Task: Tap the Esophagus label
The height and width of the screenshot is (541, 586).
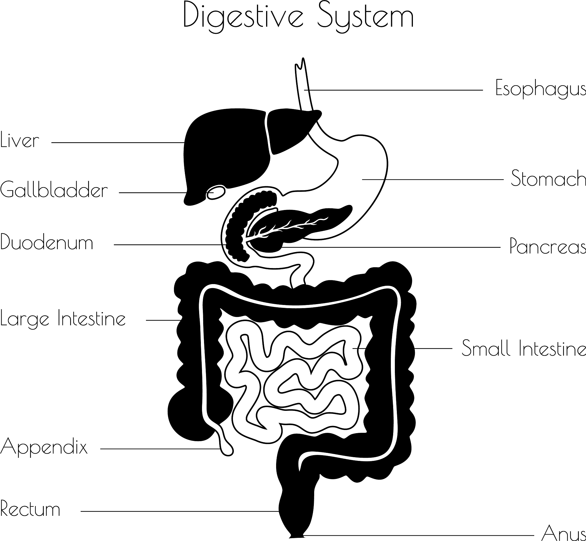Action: coord(541,88)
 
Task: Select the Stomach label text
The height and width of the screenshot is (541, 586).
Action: coord(548,178)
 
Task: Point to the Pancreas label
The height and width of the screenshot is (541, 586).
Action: coord(548,246)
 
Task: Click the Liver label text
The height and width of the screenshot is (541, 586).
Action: coord(20,140)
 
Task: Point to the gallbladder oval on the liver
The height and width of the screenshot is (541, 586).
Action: coord(216,192)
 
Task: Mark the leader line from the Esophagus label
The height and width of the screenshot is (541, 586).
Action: coord(395,90)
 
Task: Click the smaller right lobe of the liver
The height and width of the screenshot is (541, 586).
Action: coord(288,129)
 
